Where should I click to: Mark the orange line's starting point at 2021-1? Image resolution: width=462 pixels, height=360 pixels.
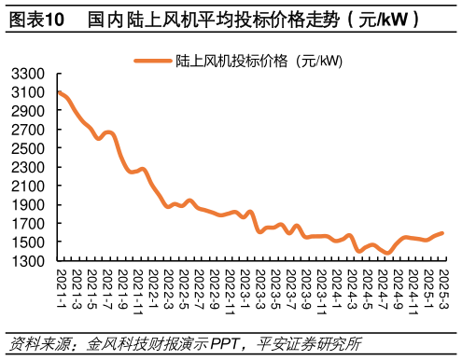pos(60,92)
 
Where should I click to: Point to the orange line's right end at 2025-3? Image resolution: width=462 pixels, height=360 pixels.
pos(442,233)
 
